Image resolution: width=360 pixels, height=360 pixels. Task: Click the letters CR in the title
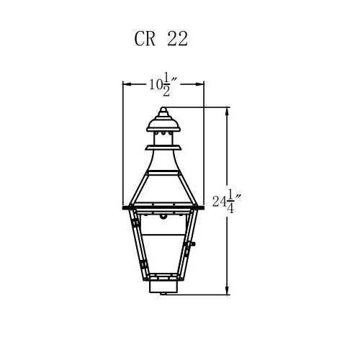pyautogui.click(x=145, y=39)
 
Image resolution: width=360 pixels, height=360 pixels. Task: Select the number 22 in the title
pyautogui.click(x=177, y=39)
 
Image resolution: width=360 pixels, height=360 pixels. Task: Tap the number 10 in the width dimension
pyautogui.click(x=155, y=84)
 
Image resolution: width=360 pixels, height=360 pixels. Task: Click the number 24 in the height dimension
pyautogui.click(x=220, y=202)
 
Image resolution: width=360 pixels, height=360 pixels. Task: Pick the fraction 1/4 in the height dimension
pyautogui.click(x=231, y=201)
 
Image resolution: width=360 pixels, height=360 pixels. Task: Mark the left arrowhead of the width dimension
pyautogui.click(x=127, y=84)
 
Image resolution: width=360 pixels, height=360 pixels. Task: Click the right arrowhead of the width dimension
pyautogui.click(x=199, y=84)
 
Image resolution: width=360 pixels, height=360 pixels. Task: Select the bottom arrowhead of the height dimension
pyautogui.click(x=227, y=290)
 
